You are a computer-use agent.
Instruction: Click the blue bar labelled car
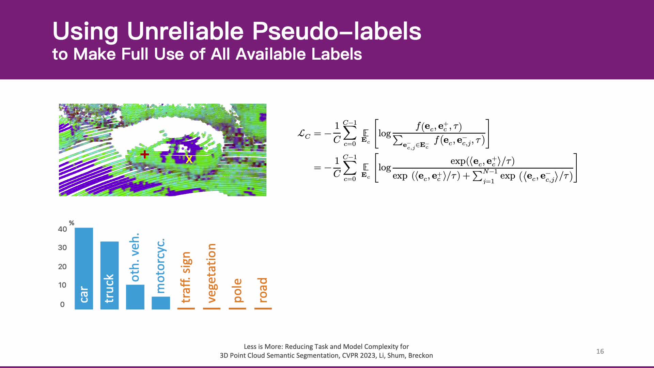point(84,269)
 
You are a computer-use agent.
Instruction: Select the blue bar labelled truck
point(109,275)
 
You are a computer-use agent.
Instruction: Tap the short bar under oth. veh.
point(135,297)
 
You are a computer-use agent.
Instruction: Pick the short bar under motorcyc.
point(161,303)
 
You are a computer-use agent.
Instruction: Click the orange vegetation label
point(212,273)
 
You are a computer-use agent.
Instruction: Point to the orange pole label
point(237,290)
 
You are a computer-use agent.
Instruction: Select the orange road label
point(263,290)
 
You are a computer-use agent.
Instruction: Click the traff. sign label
point(186,277)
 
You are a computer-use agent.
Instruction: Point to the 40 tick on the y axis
point(62,229)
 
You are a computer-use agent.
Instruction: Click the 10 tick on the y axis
point(62,285)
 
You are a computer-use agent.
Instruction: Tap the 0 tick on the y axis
point(62,304)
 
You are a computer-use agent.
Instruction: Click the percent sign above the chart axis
point(72,223)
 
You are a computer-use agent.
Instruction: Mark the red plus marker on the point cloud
point(144,154)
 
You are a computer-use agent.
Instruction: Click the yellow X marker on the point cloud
point(189,159)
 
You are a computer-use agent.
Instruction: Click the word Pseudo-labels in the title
point(337,31)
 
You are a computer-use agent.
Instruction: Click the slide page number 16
point(600,351)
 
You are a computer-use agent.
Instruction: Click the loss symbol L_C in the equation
point(304,134)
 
